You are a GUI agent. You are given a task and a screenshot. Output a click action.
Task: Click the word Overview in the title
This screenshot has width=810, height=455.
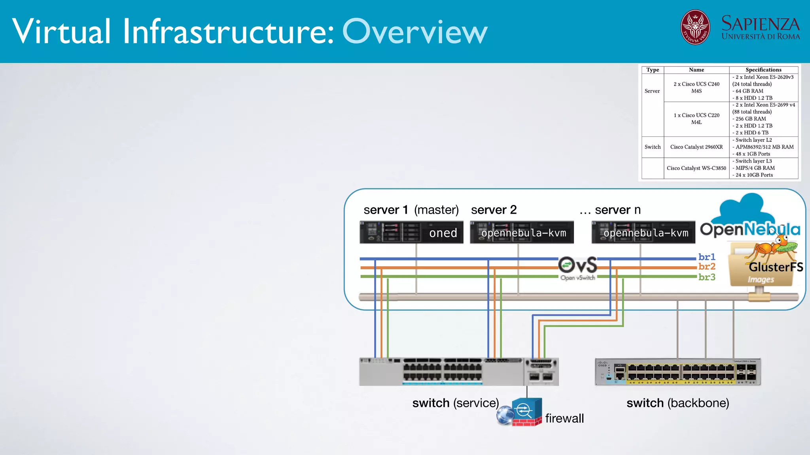414,32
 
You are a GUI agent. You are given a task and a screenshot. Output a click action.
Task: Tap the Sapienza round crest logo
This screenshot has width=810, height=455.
695,27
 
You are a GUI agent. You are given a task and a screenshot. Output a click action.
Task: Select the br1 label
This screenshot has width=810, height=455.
707,257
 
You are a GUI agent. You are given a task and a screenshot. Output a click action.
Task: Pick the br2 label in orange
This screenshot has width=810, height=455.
707,267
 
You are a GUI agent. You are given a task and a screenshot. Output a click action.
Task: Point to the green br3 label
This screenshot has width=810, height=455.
707,277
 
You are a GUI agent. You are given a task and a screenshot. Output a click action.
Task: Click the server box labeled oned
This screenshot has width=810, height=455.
411,232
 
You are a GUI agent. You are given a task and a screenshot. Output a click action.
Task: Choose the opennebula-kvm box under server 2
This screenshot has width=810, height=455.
522,232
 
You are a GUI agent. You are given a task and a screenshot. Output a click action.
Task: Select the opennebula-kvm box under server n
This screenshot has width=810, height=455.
643,232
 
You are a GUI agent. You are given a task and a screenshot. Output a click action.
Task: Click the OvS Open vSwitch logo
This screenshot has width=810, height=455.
578,268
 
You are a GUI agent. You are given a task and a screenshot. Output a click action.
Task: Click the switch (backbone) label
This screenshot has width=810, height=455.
678,403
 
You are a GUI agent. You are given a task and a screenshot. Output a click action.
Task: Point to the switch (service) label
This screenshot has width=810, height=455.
455,403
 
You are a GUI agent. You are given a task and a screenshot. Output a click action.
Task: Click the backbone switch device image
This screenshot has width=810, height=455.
678,372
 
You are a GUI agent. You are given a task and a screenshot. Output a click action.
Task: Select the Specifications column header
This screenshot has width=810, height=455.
763,70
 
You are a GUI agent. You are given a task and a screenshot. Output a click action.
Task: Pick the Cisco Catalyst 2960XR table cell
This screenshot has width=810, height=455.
696,147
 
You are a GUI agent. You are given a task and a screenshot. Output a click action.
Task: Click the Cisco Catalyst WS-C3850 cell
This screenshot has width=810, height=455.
696,168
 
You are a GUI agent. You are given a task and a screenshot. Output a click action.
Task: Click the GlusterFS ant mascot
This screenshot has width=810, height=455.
771,249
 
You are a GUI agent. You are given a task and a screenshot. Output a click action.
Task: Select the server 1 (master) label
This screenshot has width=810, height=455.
411,210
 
